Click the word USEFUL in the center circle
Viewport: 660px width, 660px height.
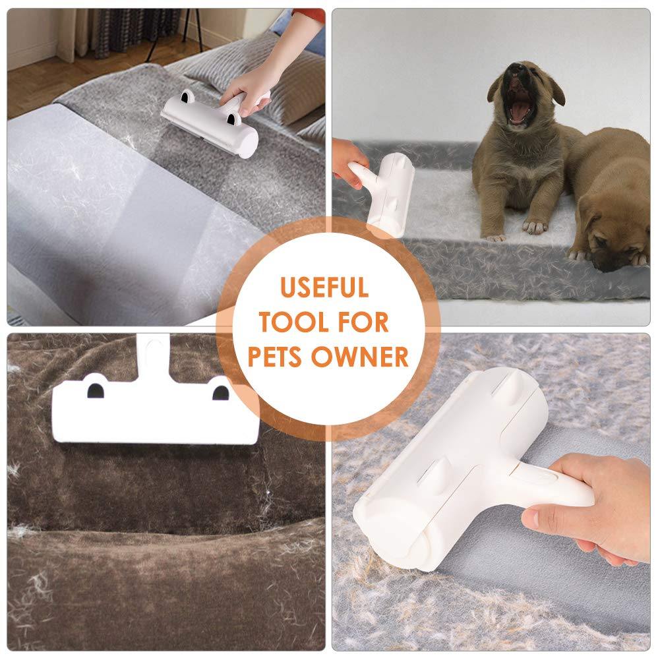coord(324,287)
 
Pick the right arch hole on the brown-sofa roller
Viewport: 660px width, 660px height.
coord(220,393)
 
